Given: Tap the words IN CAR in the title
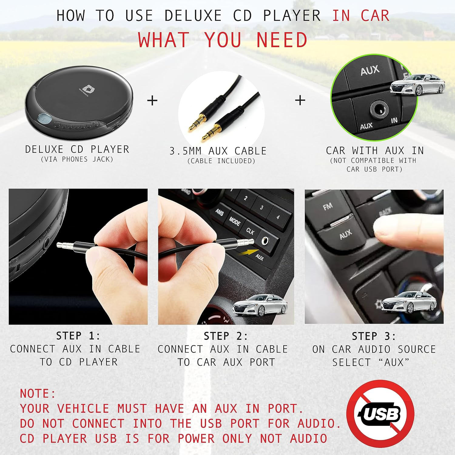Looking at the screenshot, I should [x=361, y=16].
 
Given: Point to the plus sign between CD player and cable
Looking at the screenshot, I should [x=152, y=100].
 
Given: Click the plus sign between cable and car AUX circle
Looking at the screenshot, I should [x=300, y=100].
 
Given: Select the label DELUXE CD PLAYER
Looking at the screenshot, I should [x=77, y=149].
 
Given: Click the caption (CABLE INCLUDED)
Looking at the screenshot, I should [x=221, y=161].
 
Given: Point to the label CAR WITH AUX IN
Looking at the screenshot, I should [x=375, y=150].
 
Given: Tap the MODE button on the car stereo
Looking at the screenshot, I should [x=234, y=221].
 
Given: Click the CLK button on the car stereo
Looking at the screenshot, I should [x=250, y=231].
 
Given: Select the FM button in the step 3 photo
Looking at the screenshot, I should [x=328, y=207].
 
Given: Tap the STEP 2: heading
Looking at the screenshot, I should [x=226, y=336].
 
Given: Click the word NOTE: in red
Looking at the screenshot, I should [x=38, y=393].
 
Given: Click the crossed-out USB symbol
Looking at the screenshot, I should [x=380, y=413].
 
